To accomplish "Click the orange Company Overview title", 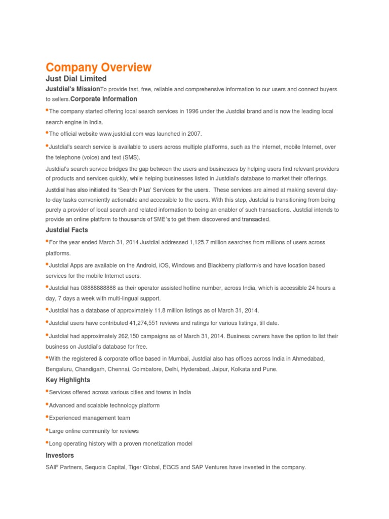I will (98, 67).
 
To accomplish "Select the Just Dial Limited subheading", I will (76, 79).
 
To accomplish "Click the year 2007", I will (193, 134).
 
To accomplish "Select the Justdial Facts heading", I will (67, 230).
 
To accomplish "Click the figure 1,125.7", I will (202, 243).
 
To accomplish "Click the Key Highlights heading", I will (68, 380).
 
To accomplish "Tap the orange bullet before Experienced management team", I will (47, 417).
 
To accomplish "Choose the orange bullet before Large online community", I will (47, 429).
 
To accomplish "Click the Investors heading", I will (60, 456).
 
